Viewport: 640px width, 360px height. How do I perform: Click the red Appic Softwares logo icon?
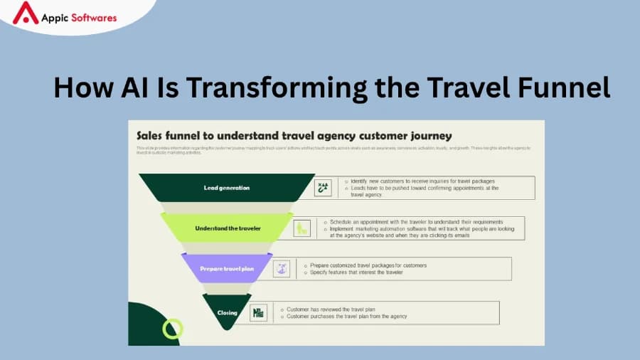pyautogui.click(x=26, y=13)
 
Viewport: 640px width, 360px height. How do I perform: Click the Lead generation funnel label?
pyautogui.click(x=226, y=188)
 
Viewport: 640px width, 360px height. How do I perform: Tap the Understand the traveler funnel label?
pyautogui.click(x=228, y=228)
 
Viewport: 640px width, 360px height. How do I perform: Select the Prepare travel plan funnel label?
pyautogui.click(x=226, y=268)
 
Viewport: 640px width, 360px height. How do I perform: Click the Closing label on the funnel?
pyautogui.click(x=228, y=312)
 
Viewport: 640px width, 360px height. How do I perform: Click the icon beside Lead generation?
pyautogui.click(x=323, y=188)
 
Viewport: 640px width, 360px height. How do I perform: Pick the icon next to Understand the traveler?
pyautogui.click(x=302, y=228)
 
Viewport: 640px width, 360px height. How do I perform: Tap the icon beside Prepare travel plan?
pyautogui.click(x=282, y=268)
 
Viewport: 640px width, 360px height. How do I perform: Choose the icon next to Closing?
pyautogui.click(x=259, y=312)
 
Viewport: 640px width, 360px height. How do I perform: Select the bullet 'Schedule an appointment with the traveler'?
pyautogui.click(x=416, y=221)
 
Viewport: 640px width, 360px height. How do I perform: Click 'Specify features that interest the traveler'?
pyautogui.click(x=356, y=272)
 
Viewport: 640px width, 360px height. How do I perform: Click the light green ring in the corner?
pyautogui.click(x=173, y=329)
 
